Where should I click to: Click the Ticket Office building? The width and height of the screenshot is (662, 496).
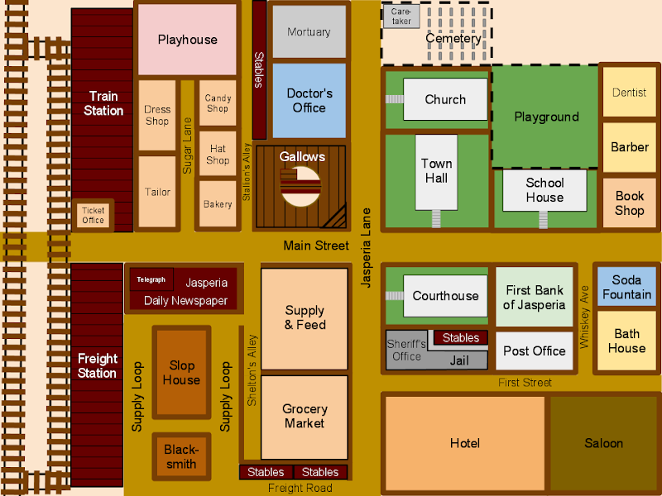(x=93, y=215)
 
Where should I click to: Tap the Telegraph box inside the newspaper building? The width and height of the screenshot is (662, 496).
(x=151, y=279)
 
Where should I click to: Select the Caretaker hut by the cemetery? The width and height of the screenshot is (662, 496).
(x=401, y=17)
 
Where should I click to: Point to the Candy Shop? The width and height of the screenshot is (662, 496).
(x=218, y=103)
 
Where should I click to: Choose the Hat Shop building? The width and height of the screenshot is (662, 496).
(x=218, y=154)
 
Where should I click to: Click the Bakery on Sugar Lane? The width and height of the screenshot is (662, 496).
(x=218, y=204)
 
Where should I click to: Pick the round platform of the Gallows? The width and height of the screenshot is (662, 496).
(x=300, y=187)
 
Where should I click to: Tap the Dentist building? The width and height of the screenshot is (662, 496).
(x=629, y=92)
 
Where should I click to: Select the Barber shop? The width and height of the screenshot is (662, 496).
(x=629, y=147)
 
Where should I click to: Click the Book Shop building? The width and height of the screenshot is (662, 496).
(x=629, y=203)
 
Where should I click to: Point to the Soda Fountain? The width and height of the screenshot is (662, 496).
(x=626, y=287)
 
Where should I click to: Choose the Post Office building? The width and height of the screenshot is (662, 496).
(x=534, y=351)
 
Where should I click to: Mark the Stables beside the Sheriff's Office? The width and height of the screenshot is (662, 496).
(x=461, y=338)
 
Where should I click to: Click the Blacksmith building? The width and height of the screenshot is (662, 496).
(x=181, y=456)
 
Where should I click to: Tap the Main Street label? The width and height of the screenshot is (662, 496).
(x=316, y=246)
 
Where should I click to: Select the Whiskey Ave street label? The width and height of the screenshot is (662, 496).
(x=584, y=317)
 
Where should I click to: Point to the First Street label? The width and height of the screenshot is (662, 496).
(x=525, y=383)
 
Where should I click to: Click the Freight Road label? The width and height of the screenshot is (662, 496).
(x=300, y=488)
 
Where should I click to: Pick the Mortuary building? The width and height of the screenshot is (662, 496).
(x=309, y=31)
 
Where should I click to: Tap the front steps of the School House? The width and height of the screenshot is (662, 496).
(x=544, y=220)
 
